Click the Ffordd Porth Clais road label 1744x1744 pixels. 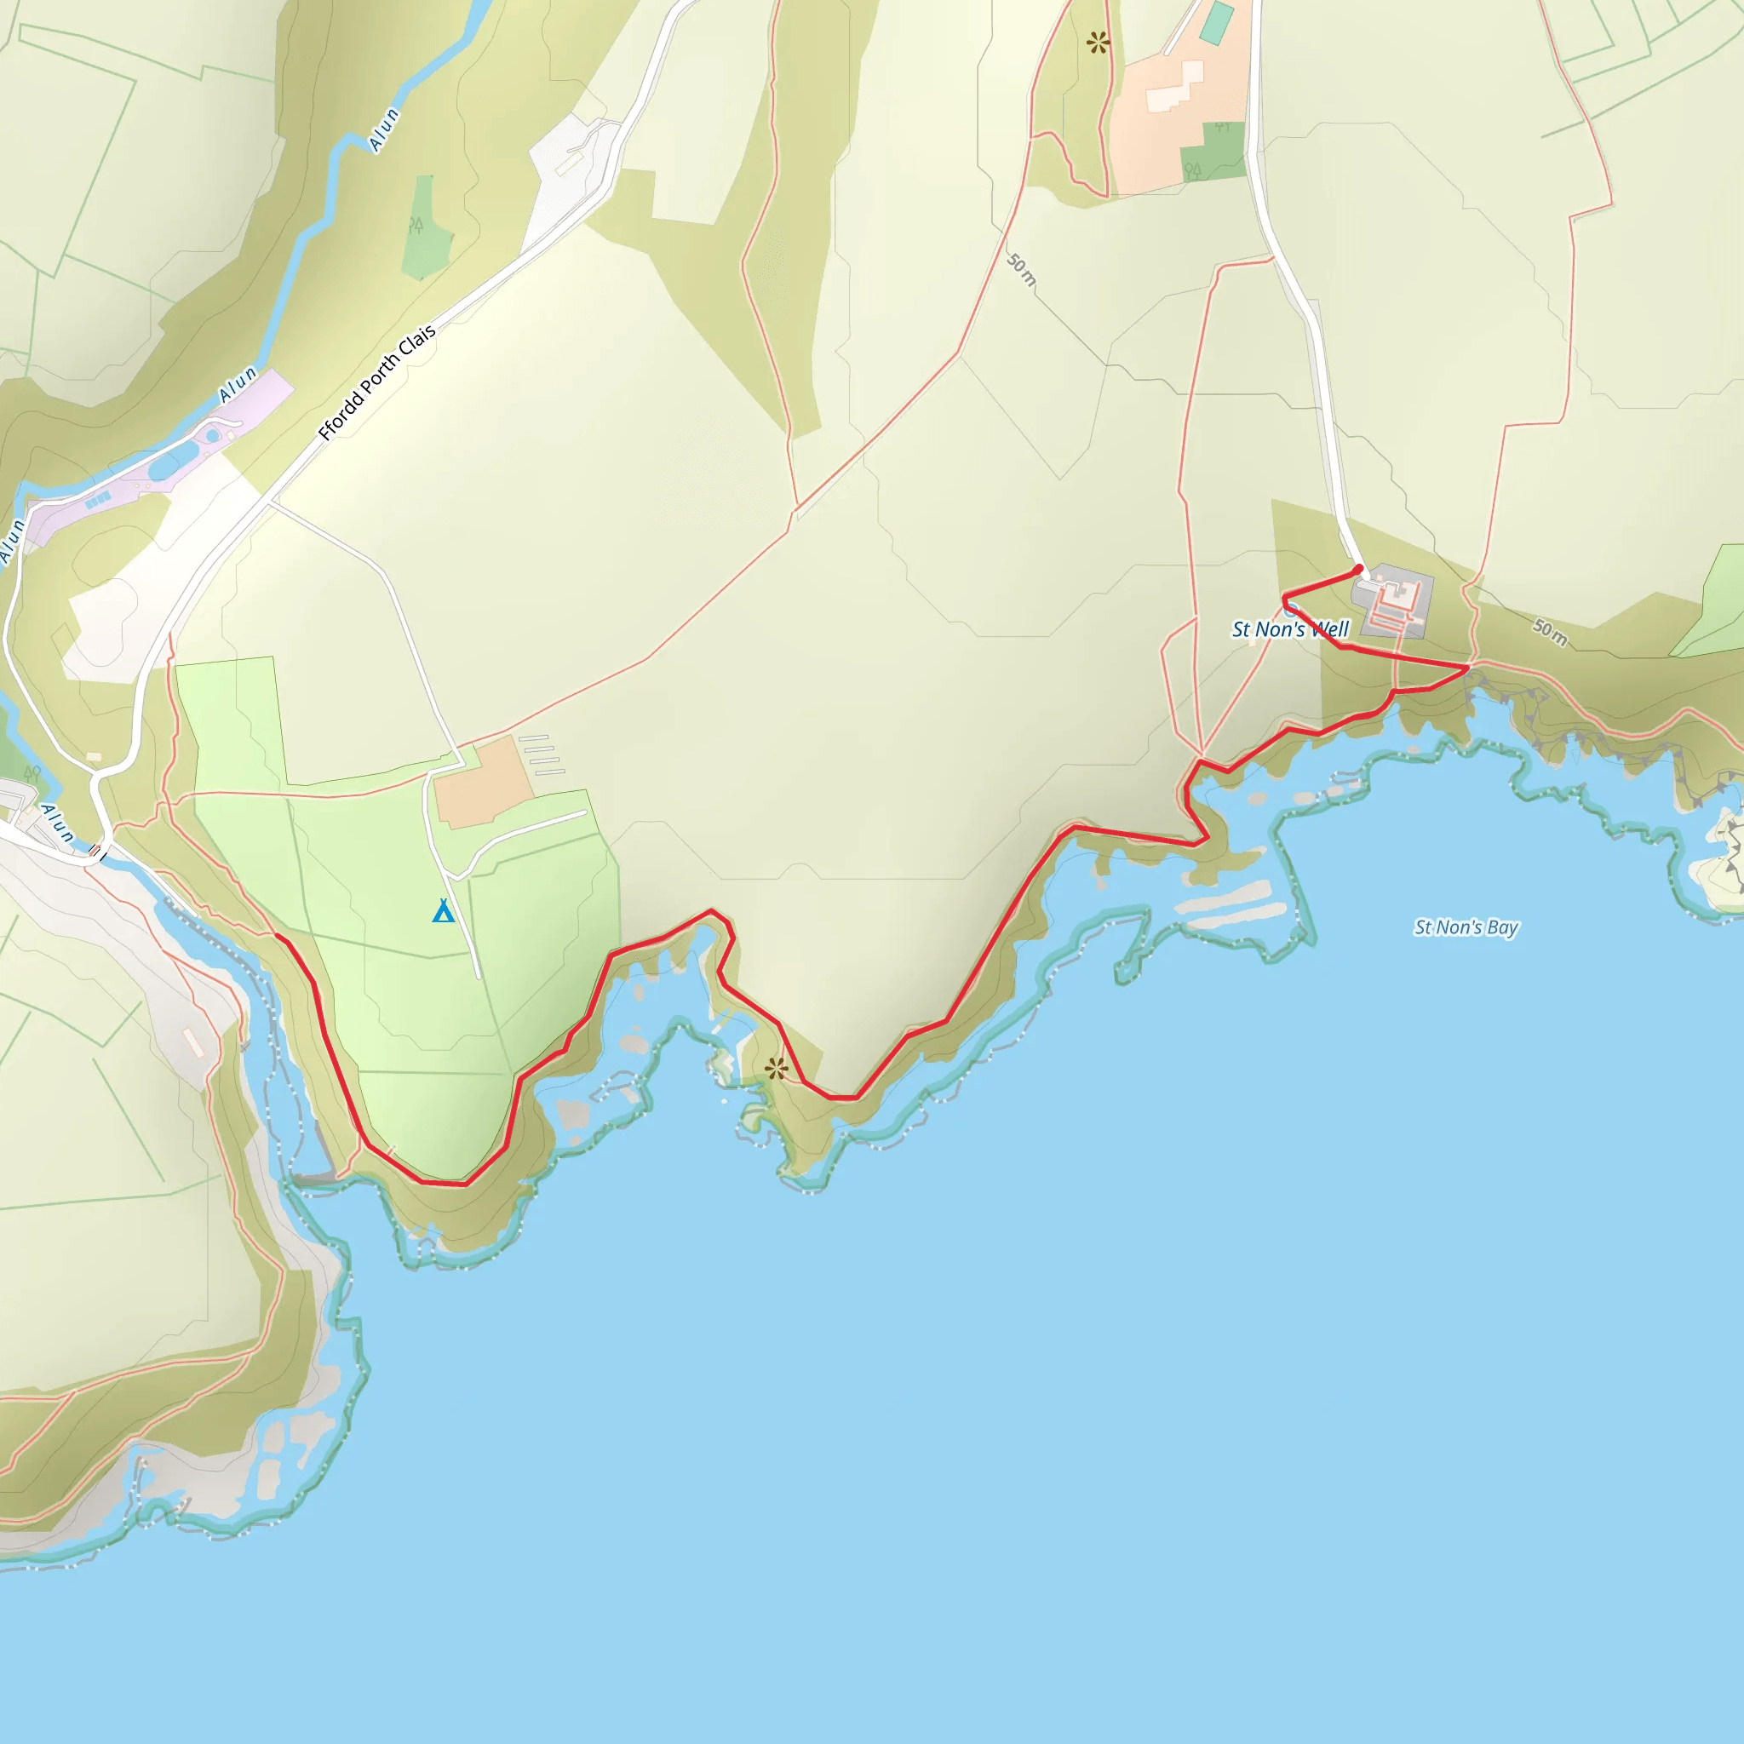377,381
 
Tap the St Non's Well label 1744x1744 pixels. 1290,629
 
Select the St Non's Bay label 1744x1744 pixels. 1466,927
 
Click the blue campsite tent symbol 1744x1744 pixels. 442,911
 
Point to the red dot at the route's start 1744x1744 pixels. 1358,569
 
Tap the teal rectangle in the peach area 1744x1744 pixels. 1218,23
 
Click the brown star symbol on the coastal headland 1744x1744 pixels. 777,1069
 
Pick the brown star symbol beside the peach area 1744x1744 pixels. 1098,42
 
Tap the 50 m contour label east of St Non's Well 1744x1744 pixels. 1550,632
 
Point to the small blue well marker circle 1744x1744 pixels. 1291,611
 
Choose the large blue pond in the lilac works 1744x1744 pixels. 163,468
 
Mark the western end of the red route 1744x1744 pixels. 276,936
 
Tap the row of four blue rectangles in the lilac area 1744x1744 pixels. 97,499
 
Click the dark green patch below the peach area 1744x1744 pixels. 1213,152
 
